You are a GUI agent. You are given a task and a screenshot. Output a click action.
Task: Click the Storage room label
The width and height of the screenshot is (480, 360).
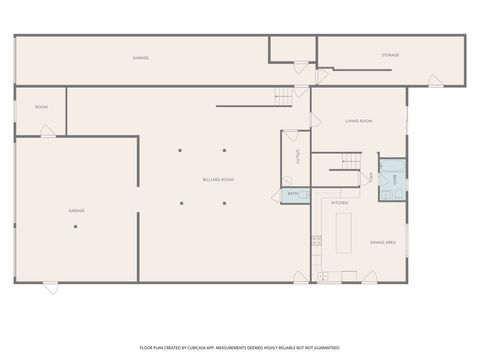tap(389, 55)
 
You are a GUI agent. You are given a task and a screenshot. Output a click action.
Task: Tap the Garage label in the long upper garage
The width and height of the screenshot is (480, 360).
tap(141, 58)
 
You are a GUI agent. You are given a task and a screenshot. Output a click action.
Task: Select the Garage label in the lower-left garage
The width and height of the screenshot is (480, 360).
tap(76, 211)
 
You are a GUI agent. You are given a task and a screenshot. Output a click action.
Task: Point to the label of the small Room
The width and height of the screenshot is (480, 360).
tap(41, 107)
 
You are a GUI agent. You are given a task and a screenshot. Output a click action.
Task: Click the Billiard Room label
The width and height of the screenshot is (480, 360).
tap(218, 179)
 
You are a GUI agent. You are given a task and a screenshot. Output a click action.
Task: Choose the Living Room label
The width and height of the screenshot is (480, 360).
tap(358, 121)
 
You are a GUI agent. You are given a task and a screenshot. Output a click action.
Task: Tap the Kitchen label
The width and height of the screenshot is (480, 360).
tap(340, 203)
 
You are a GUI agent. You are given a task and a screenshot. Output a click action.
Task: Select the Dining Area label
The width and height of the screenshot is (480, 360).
tap(384, 242)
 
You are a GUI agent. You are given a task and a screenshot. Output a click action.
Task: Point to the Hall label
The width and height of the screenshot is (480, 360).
tap(372, 177)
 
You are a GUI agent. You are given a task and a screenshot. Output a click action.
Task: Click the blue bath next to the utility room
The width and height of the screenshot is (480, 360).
tap(294, 195)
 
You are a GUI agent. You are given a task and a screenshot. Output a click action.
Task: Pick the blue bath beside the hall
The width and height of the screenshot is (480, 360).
tap(393, 180)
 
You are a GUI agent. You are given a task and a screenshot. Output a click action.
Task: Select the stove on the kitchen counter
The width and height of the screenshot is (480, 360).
tap(316, 241)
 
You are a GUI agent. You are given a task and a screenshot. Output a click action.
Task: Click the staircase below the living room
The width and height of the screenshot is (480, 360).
tap(350, 160)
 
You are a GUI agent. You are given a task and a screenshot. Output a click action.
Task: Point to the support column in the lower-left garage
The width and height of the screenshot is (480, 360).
tap(75, 226)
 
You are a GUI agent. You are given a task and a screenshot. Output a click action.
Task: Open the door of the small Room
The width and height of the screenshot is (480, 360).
tap(47, 131)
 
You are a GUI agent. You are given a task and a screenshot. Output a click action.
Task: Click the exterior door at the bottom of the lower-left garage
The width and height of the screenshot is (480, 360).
tap(50, 287)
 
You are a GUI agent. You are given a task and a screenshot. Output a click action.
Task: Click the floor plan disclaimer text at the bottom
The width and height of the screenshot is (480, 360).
tap(239, 347)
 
